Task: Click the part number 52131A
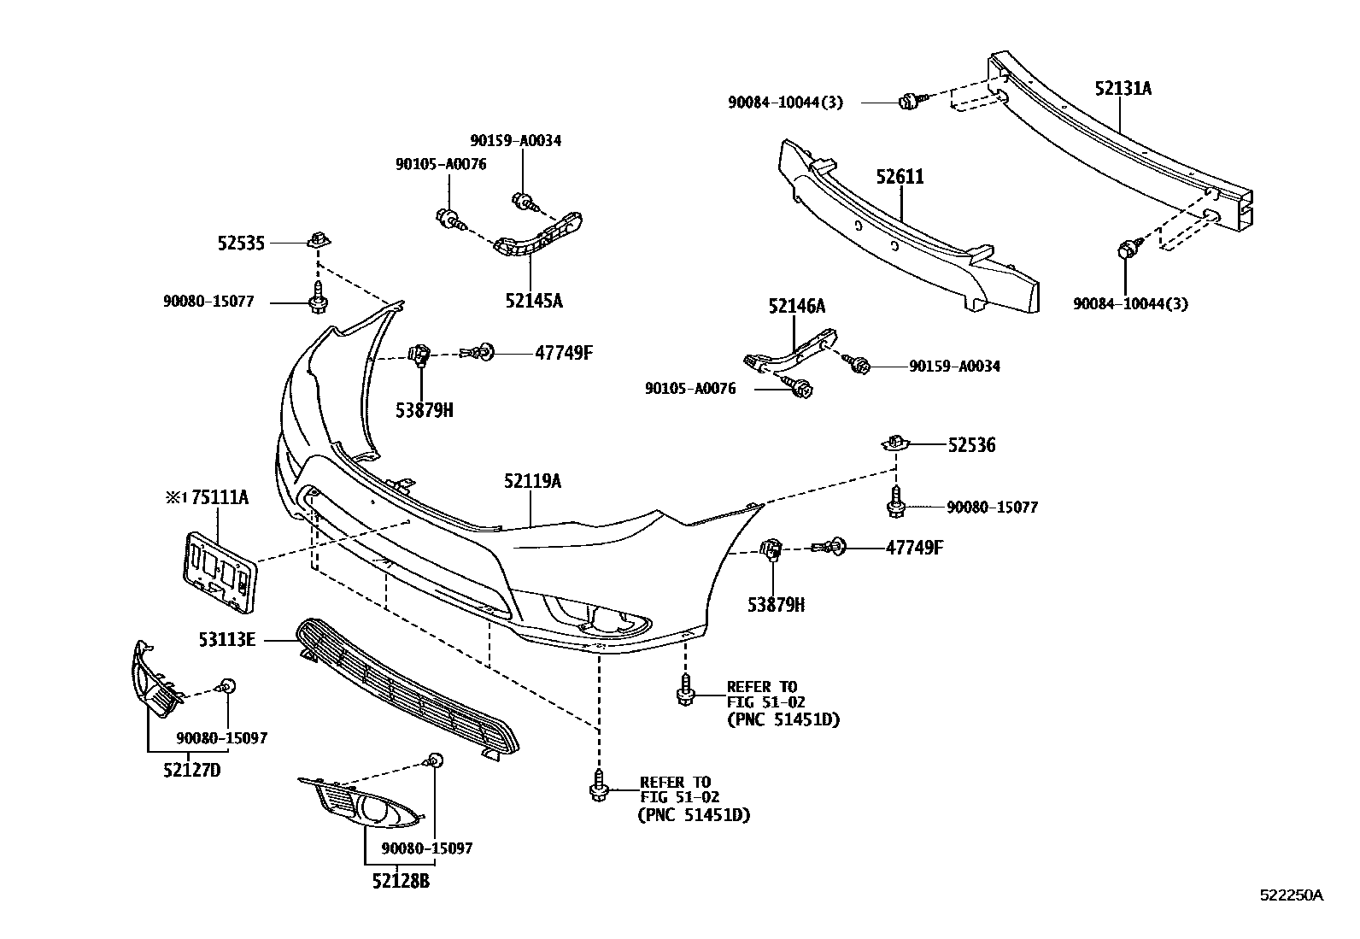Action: pyautogui.click(x=1123, y=87)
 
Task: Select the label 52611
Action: pyautogui.click(x=900, y=177)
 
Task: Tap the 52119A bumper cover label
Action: pyautogui.click(x=532, y=482)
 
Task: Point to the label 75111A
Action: pyautogui.click(x=219, y=497)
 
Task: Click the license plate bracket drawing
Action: pyautogui.click(x=219, y=571)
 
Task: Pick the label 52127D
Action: pyautogui.click(x=192, y=771)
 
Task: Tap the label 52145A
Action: pyautogui.click(x=534, y=300)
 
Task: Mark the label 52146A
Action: pyautogui.click(x=796, y=306)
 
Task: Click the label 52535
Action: pyautogui.click(x=241, y=244)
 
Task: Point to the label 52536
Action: pyautogui.click(x=971, y=445)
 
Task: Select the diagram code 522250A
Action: pyautogui.click(x=1292, y=895)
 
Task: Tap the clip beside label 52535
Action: pyautogui.click(x=317, y=239)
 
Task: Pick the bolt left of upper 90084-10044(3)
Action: pyautogui.click(x=909, y=102)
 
